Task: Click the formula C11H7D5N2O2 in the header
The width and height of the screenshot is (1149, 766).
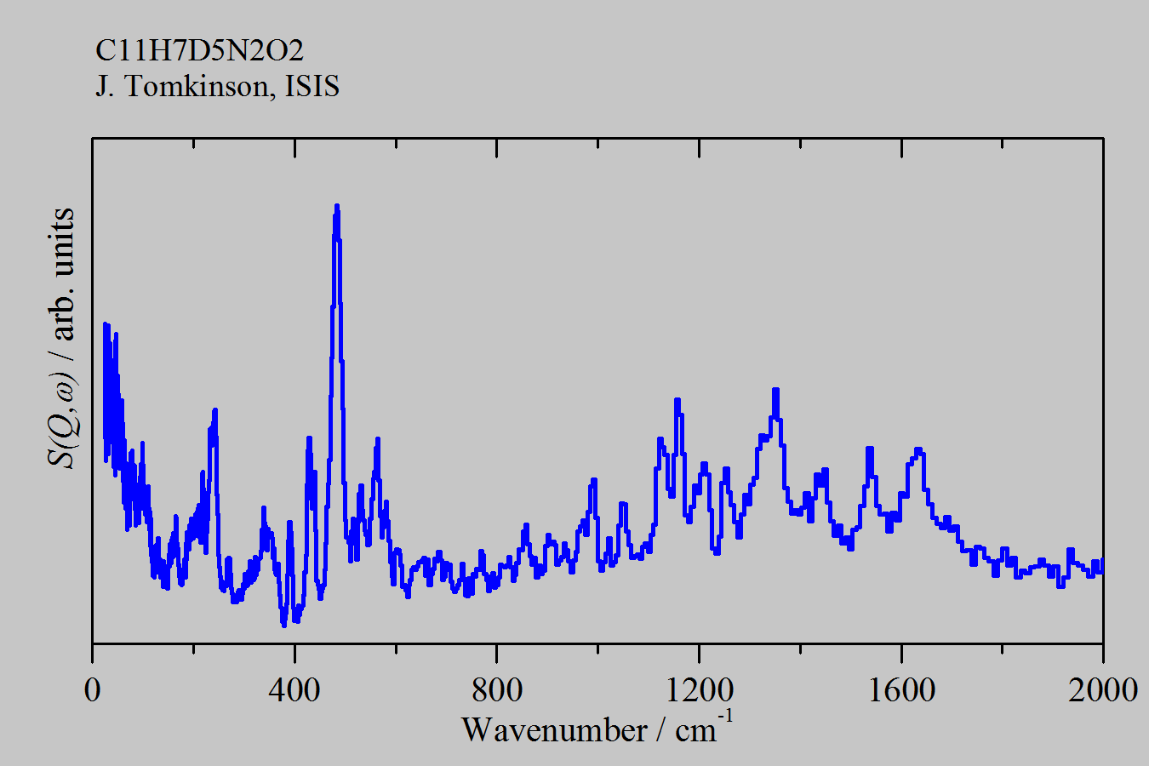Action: point(199,51)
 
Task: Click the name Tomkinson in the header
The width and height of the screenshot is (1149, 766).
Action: point(200,86)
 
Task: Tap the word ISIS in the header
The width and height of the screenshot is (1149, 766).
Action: point(312,86)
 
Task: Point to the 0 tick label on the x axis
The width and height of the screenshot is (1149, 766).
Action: point(92,690)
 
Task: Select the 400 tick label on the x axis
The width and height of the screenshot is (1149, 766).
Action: point(294,690)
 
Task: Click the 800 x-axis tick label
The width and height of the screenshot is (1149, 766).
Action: point(496,690)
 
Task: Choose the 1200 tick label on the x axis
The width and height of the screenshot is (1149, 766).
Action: point(699,690)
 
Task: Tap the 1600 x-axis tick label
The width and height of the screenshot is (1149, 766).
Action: point(900,690)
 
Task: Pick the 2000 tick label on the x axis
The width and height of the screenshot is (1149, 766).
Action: point(1103,690)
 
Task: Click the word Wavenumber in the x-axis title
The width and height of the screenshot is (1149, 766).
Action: point(553,730)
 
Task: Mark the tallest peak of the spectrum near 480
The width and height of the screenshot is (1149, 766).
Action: point(337,206)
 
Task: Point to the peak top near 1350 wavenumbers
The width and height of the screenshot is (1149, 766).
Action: point(775,390)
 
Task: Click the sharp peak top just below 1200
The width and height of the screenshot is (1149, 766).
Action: point(677,399)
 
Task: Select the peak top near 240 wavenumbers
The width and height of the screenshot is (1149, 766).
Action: point(215,410)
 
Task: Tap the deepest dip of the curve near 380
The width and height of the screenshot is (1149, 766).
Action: point(283,626)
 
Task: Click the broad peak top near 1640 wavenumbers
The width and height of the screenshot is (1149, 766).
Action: point(918,449)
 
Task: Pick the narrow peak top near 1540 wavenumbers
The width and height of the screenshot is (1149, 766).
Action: point(869,448)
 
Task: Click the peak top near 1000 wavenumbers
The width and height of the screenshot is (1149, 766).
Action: point(593,480)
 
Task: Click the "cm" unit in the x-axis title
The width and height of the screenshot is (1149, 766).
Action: point(695,730)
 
